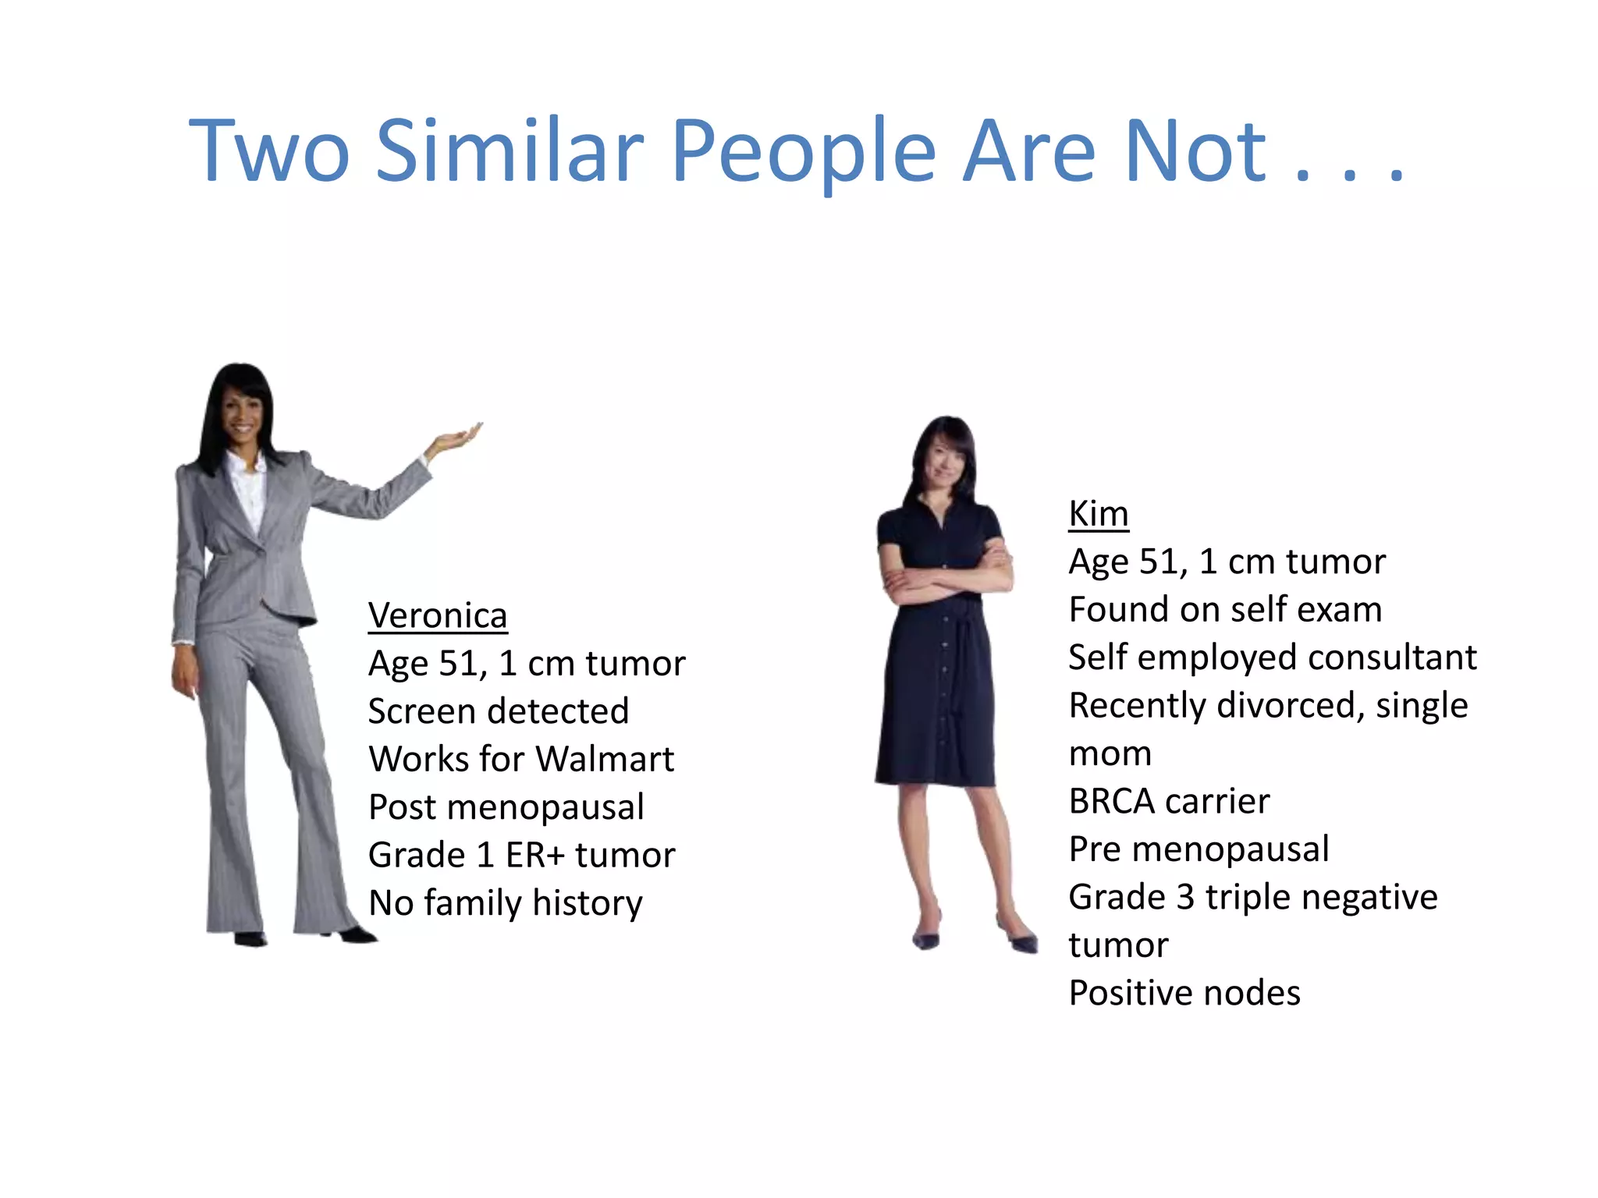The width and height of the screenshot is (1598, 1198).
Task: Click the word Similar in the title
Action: pos(510,151)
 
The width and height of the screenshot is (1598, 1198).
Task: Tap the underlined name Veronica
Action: pos(438,615)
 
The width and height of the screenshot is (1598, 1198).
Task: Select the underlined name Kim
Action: pos(1099,514)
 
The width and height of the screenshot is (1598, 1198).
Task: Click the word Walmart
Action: pos(605,759)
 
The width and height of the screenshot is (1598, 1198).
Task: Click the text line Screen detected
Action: pos(499,711)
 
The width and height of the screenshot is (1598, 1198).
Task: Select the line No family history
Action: pos(506,903)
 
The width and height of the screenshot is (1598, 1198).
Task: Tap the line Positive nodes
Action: pos(1184,993)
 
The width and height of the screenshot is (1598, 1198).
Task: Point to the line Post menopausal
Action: pos(506,807)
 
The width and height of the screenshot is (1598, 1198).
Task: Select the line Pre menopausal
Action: pos(1198,849)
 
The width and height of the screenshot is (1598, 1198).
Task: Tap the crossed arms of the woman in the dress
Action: pos(945,581)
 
